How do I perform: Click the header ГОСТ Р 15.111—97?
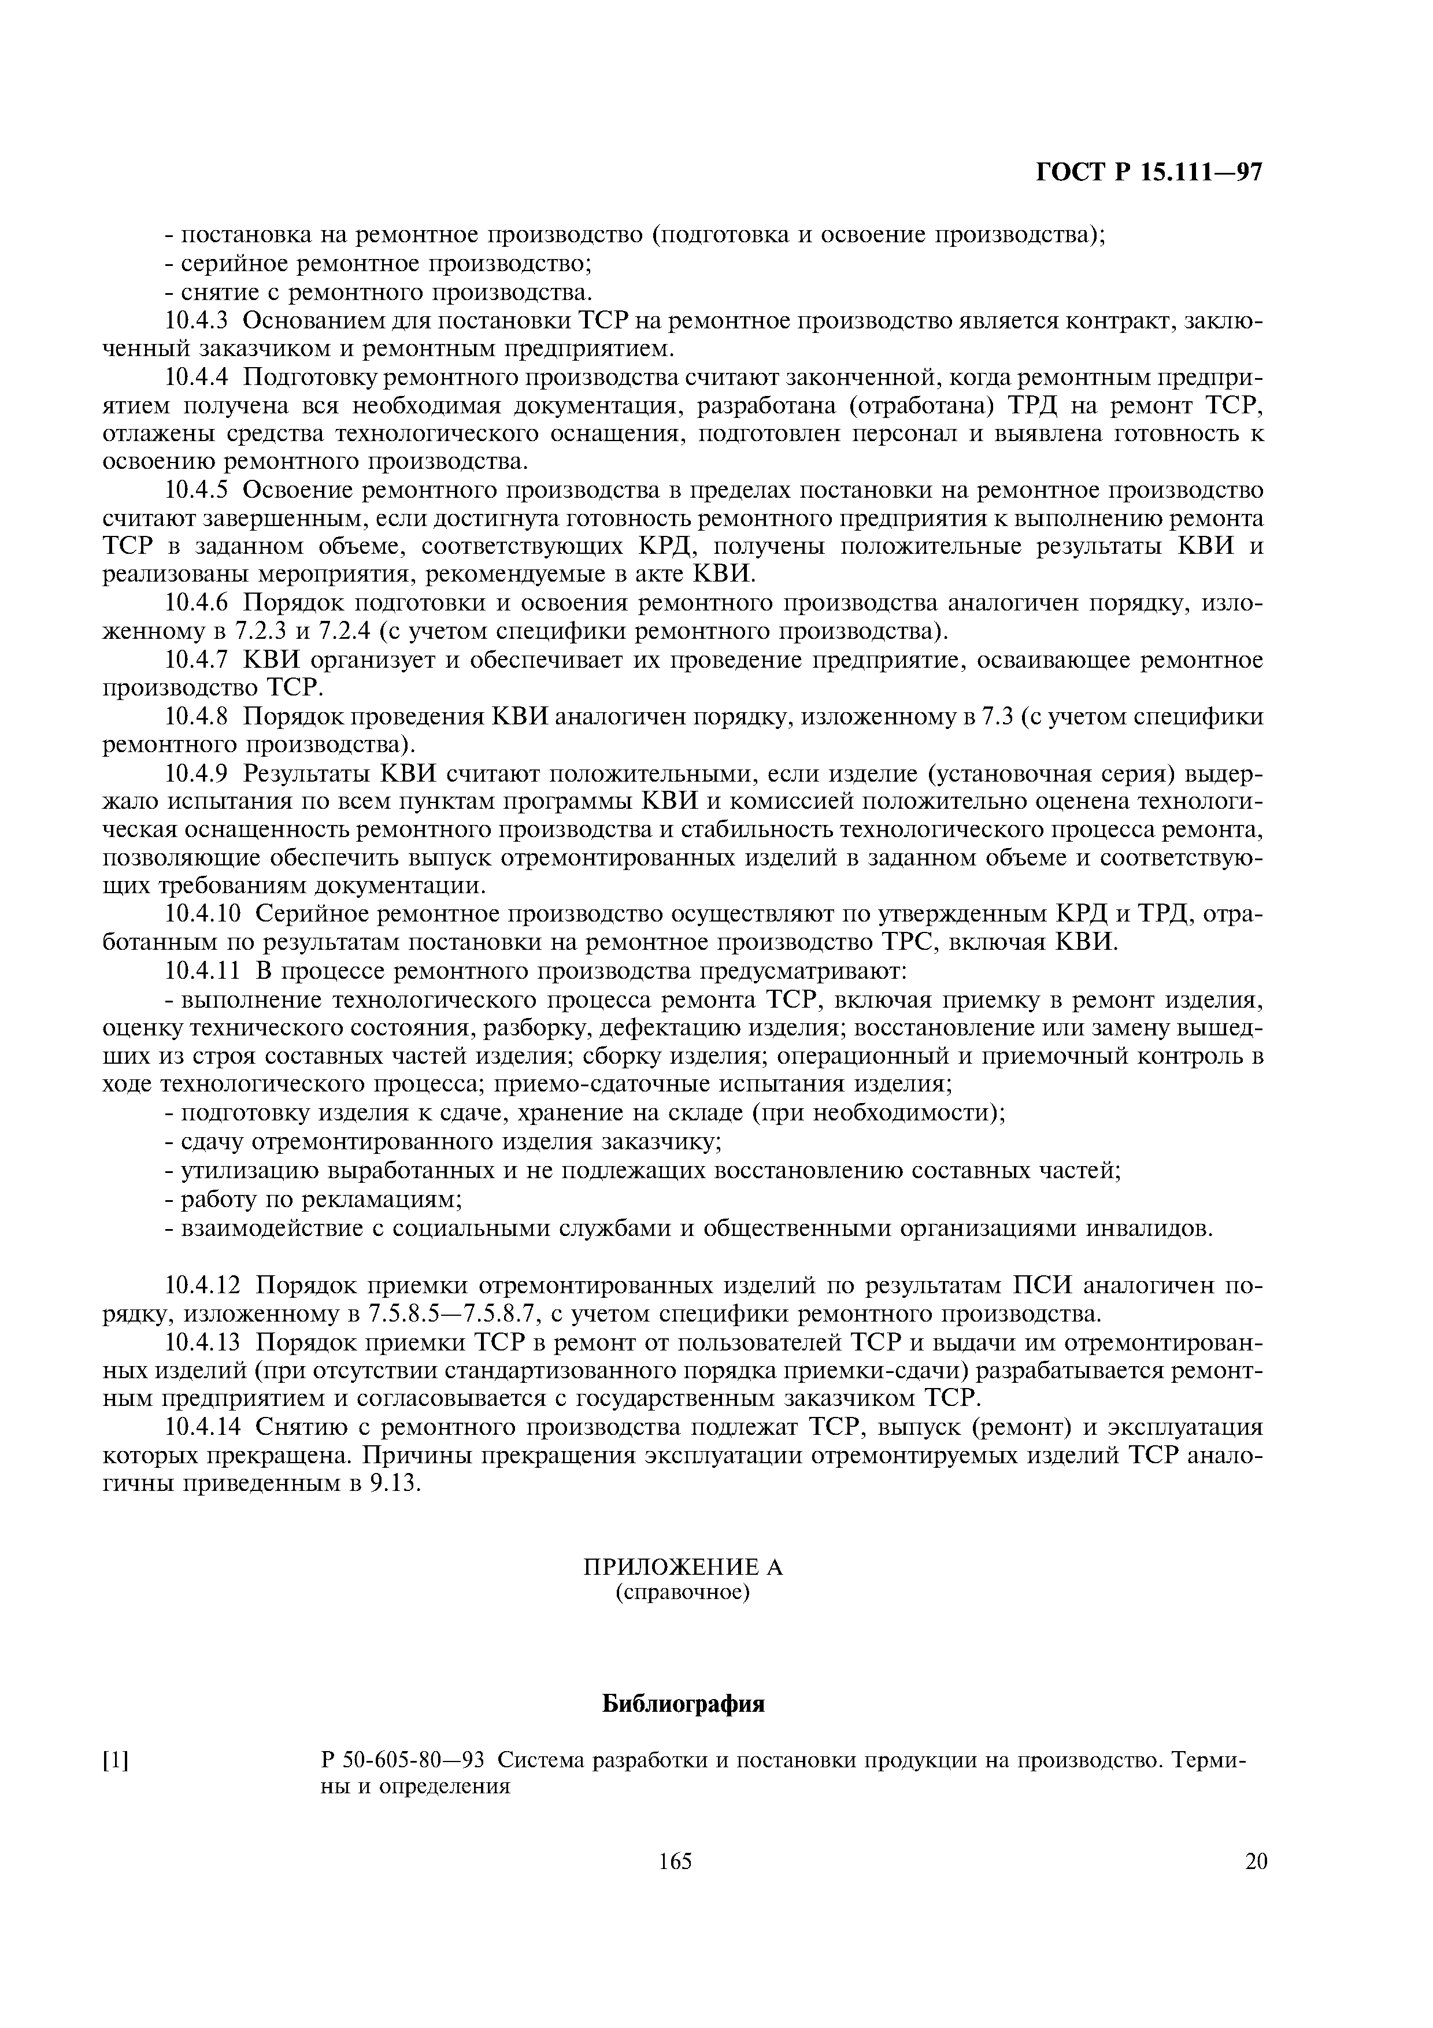click(1150, 173)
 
